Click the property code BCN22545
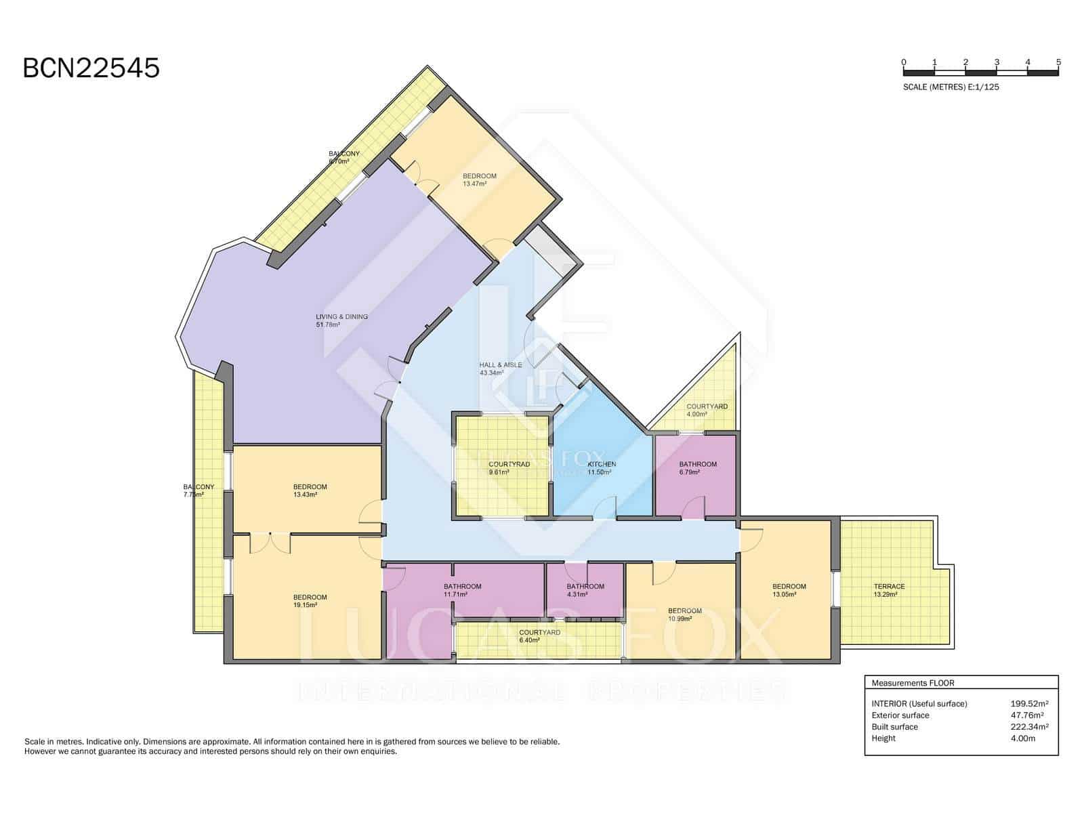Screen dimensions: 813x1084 coord(91,68)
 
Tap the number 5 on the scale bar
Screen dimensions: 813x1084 coord(1058,62)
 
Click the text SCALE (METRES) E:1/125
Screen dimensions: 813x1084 coord(951,87)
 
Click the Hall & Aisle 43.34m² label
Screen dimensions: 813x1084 coord(500,369)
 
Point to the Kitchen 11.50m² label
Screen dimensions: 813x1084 coord(602,468)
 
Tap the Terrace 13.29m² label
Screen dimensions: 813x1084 coord(889,590)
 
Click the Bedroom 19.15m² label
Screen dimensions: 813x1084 coord(310,601)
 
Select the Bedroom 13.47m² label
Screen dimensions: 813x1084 coord(479,180)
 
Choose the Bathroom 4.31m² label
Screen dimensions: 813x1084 coord(585,590)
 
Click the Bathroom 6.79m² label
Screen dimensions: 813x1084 coord(697,468)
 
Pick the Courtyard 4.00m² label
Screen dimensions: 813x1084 coord(707,410)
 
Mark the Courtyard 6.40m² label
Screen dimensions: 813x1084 coord(539,636)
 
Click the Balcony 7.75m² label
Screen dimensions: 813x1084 coord(199,491)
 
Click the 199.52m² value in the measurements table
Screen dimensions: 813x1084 coord(1029,704)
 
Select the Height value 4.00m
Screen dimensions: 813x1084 coord(1022,738)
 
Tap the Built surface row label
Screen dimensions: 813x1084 coord(894,727)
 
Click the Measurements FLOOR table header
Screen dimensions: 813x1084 coord(913,683)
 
